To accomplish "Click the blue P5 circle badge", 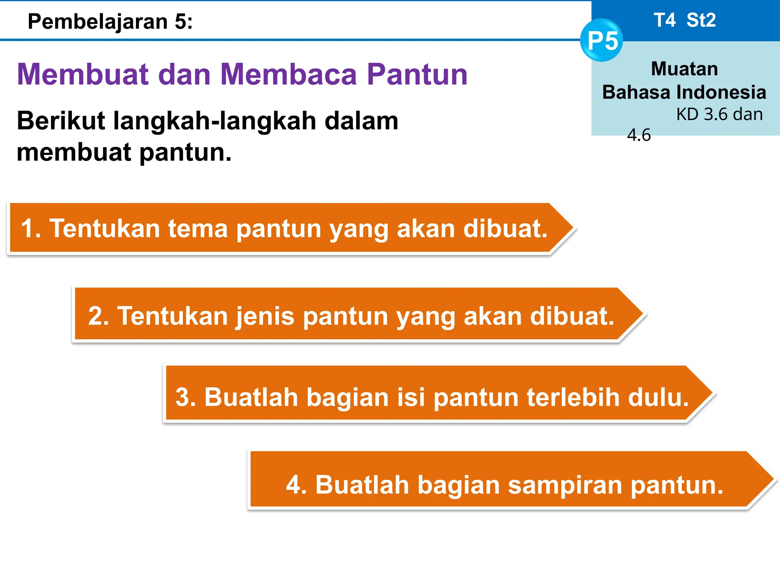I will (x=602, y=40).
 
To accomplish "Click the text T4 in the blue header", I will (x=665, y=20).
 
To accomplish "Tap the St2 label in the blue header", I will (x=701, y=20).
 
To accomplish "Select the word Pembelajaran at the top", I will (x=97, y=22).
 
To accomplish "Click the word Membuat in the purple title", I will (x=82, y=74).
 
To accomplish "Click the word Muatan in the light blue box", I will (x=684, y=69).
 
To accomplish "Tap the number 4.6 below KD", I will (x=639, y=135).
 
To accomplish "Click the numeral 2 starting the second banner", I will (x=95, y=316).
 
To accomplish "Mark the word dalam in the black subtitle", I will (x=361, y=121).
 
